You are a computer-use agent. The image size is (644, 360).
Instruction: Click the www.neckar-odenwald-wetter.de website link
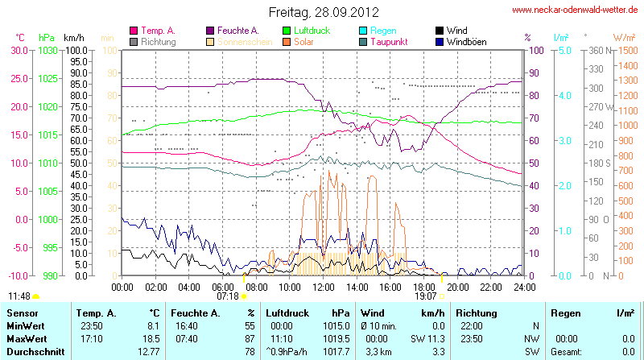coord(576,10)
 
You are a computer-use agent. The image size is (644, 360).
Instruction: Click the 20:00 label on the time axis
coord(457,286)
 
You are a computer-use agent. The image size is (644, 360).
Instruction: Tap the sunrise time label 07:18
coord(228,296)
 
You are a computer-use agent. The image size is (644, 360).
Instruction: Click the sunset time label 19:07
coord(426,296)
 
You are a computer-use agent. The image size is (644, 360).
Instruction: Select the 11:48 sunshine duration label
coord(19,296)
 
